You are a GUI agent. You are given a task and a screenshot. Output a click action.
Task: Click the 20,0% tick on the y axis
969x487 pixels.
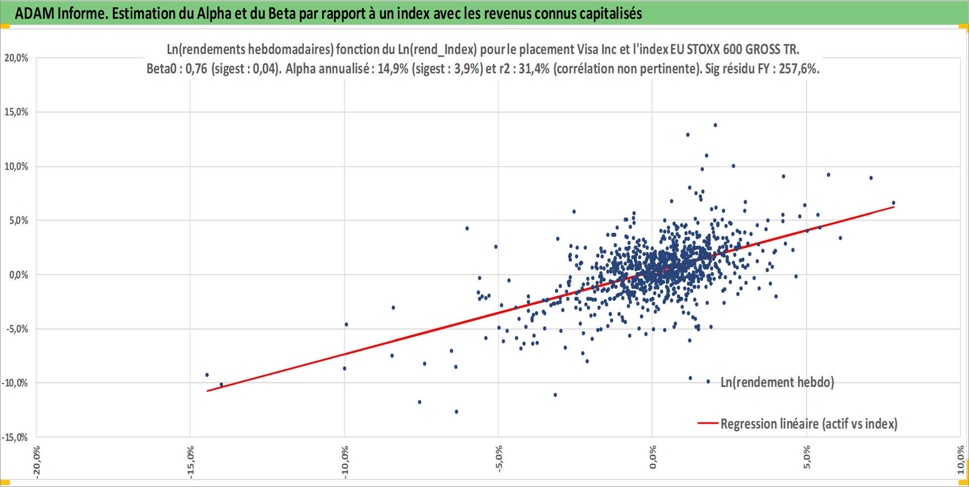[16, 58]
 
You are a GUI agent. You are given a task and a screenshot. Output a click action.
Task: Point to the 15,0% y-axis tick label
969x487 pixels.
[16, 112]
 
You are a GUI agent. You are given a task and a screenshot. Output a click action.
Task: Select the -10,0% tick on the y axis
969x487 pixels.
[15, 383]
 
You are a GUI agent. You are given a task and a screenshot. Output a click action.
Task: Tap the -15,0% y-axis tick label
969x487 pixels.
[15, 437]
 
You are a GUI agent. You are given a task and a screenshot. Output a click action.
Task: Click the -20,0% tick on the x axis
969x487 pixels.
[37, 462]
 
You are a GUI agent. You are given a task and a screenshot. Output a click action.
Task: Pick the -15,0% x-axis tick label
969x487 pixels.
[191, 462]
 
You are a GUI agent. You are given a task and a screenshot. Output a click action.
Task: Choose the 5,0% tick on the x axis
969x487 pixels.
[807, 457]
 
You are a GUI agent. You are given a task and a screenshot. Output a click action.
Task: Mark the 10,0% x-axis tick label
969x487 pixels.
[961, 460]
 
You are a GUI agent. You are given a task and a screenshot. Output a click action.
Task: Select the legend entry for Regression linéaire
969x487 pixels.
[798, 424]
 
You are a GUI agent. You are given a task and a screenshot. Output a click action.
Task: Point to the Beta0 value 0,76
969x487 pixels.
[196, 69]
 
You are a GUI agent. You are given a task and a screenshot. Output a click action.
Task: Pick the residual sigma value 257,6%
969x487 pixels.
[799, 69]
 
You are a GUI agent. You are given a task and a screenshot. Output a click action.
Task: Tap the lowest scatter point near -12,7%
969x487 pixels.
[456, 412]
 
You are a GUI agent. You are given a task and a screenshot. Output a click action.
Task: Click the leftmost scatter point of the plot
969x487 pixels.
[207, 375]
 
